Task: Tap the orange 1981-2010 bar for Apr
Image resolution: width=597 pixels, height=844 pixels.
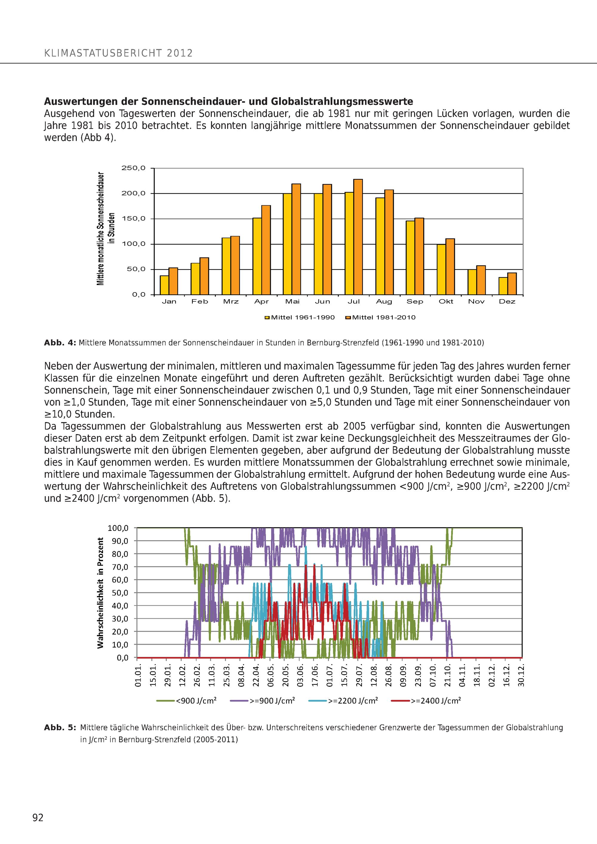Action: click(x=266, y=250)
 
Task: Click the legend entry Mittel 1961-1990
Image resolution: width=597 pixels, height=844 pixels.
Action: click(x=300, y=317)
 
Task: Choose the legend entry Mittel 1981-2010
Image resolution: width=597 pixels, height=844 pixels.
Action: click(x=381, y=317)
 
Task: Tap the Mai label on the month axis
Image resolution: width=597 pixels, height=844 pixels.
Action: click(x=292, y=301)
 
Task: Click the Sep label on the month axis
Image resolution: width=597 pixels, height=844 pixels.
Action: click(x=415, y=301)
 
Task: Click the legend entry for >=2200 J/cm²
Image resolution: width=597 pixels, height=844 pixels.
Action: click(x=343, y=701)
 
